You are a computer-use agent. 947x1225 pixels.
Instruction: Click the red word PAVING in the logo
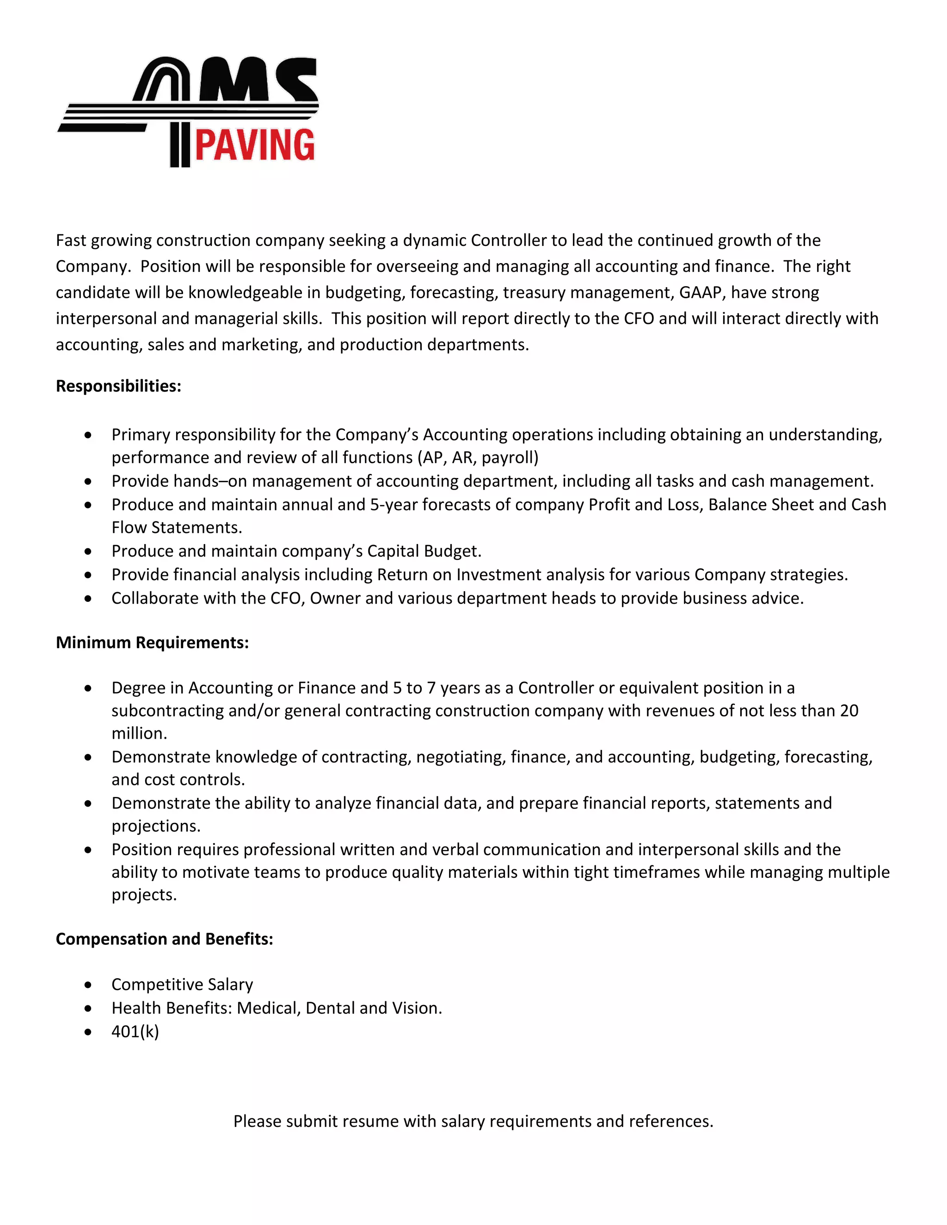tap(255, 145)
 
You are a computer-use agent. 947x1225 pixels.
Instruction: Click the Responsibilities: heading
tap(118, 386)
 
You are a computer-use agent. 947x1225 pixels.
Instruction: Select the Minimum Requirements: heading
tap(152, 642)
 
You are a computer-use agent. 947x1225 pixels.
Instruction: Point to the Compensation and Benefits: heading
tap(164, 939)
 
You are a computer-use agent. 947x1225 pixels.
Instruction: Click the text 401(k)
tap(135, 1031)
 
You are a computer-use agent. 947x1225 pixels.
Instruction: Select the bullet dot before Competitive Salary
tap(88, 985)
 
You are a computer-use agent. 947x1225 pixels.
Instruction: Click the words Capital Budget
tap(424, 551)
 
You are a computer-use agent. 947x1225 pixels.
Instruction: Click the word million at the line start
tap(139, 734)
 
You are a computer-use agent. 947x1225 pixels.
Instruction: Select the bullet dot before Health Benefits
tap(88, 1009)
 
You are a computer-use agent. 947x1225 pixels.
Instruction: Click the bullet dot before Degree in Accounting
tap(88, 688)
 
